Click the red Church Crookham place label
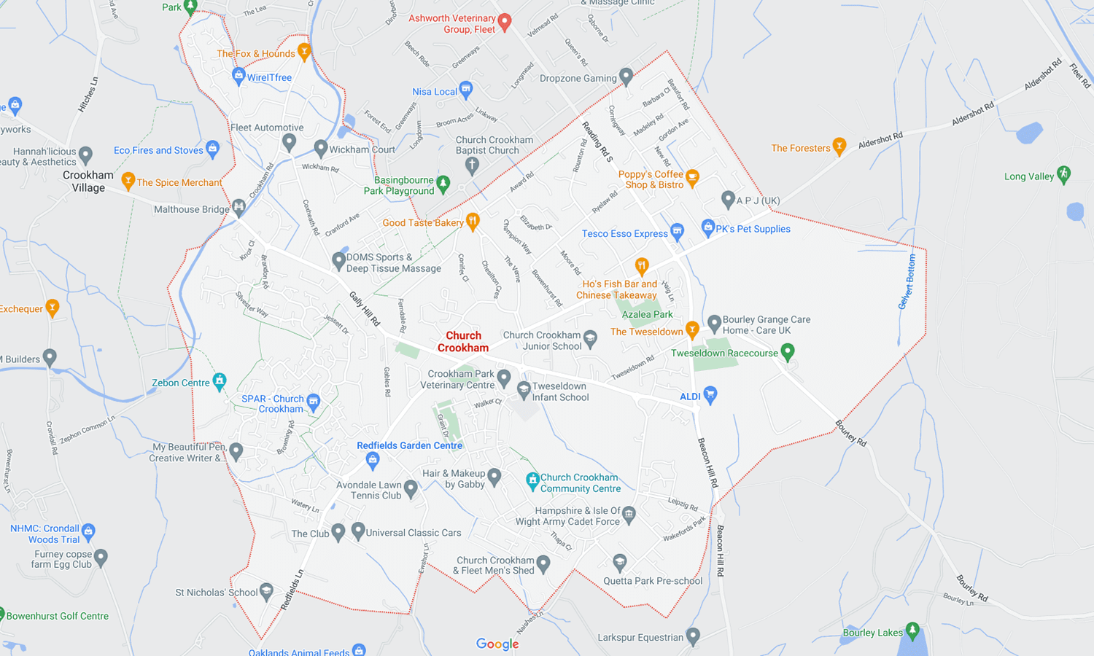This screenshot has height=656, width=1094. (x=463, y=342)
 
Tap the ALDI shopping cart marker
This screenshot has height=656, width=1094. (x=710, y=395)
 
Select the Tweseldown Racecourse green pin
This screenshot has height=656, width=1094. (x=788, y=352)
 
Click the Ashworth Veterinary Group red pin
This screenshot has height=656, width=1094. (x=505, y=22)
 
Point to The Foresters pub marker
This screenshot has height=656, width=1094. (x=839, y=147)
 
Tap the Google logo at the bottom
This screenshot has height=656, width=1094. (x=497, y=644)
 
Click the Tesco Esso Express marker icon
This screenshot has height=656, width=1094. (x=678, y=233)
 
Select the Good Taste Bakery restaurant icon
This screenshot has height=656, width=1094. (x=473, y=221)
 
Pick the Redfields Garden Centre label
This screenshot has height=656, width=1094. (x=409, y=445)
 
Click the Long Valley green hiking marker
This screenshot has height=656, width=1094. (x=1064, y=174)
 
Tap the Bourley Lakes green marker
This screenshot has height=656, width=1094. (x=912, y=630)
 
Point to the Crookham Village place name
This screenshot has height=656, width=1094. (x=88, y=181)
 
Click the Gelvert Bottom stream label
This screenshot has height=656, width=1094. (x=907, y=281)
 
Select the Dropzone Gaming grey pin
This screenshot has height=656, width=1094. (x=626, y=77)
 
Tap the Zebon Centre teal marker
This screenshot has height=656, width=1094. (x=220, y=381)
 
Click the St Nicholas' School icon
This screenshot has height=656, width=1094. (x=267, y=590)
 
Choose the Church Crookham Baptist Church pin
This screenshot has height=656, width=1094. (x=472, y=165)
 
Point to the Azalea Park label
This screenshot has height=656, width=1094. (x=648, y=314)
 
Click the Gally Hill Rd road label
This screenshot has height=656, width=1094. (x=365, y=308)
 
